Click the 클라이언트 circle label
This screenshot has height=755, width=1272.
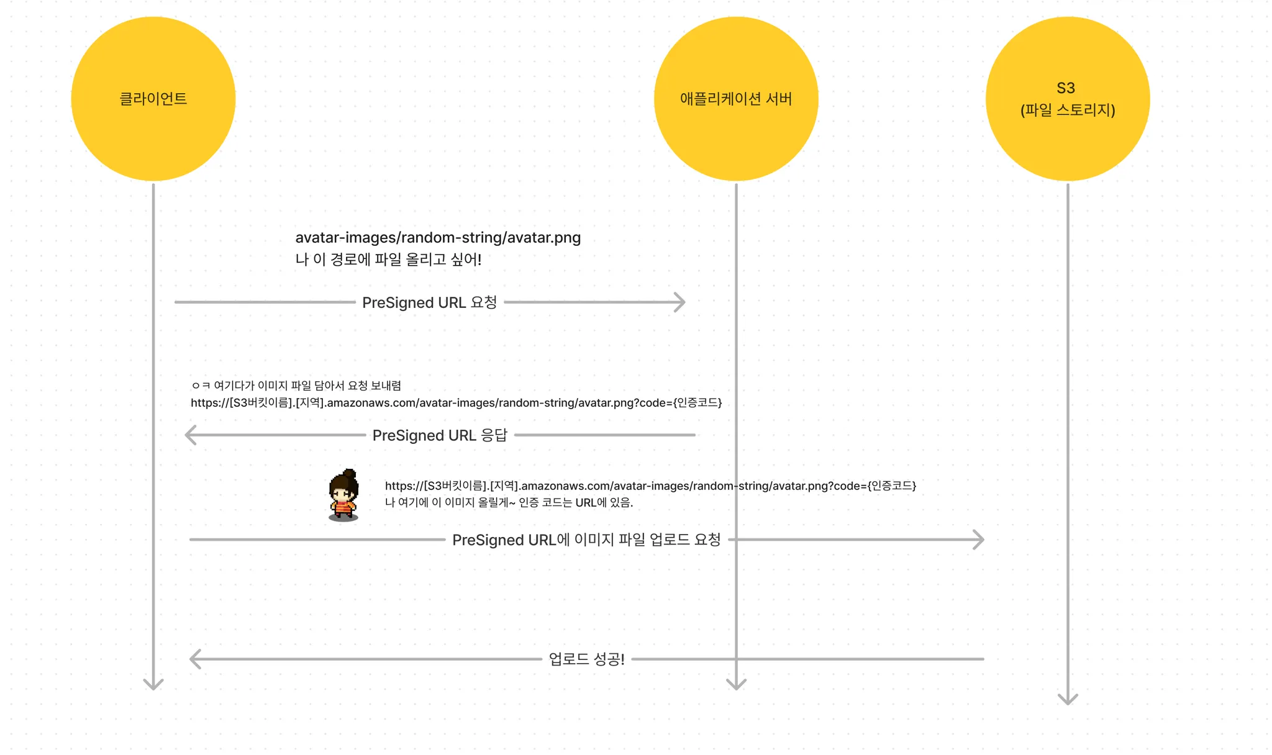point(153,99)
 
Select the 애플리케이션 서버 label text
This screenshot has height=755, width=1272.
point(735,99)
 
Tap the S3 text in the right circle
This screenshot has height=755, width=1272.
point(1066,88)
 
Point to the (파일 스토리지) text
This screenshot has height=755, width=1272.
point(1068,111)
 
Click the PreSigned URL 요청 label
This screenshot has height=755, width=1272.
point(429,302)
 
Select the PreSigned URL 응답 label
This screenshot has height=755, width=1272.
point(440,435)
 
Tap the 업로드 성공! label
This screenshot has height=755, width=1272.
point(586,659)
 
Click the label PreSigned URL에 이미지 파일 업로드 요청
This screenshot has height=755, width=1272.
point(586,540)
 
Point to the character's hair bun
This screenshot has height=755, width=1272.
point(350,474)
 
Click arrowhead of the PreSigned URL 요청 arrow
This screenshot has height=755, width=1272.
point(682,302)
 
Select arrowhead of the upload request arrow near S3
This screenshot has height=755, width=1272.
point(980,540)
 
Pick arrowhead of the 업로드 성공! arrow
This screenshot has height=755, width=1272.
point(193,659)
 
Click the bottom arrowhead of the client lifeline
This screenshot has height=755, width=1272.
point(153,685)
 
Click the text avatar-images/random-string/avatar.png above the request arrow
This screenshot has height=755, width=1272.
point(438,238)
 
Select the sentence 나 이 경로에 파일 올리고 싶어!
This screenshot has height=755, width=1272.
point(388,260)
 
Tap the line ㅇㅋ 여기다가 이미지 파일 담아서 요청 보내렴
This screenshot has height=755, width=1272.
point(296,386)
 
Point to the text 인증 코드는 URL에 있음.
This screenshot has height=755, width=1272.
point(576,503)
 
